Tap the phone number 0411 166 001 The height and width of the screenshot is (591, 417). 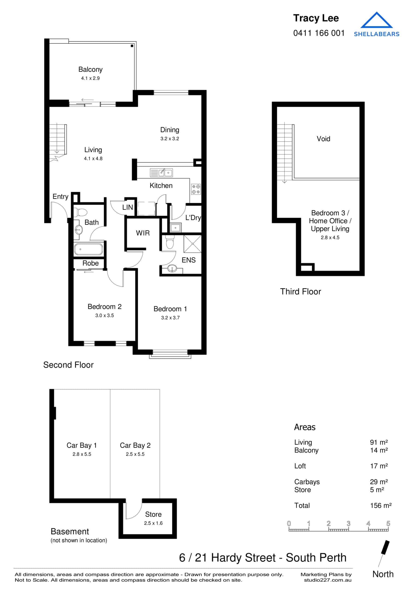(319, 33)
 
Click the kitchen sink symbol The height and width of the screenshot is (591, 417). (161, 172)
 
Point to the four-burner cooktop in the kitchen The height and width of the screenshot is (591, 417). (196, 189)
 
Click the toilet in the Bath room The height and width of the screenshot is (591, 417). (81, 212)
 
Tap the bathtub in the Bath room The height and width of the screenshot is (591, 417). (88, 249)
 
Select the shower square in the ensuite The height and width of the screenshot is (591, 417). (192, 244)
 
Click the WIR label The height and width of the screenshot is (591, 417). (143, 233)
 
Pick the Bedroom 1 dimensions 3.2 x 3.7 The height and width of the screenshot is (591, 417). (170, 318)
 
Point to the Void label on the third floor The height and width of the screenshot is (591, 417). (323, 139)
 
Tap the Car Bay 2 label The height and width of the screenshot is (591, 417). (135, 445)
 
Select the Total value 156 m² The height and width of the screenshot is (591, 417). (381, 506)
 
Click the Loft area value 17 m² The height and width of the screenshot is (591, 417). (379, 466)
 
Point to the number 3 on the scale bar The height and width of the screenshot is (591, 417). (348, 523)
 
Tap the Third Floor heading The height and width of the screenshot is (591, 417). (300, 291)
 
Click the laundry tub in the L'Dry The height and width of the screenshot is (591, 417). (175, 228)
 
